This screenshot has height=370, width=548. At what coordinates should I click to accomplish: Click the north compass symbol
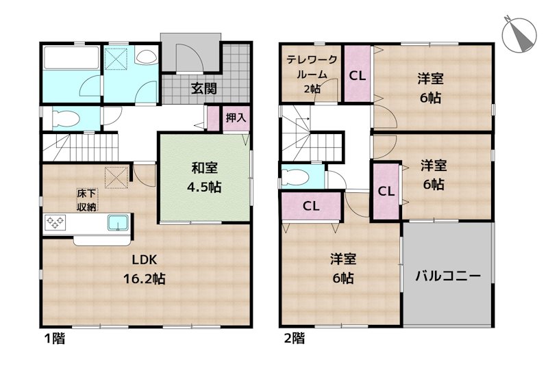click(x=519, y=34)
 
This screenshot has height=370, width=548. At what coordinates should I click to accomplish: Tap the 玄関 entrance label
click(x=203, y=89)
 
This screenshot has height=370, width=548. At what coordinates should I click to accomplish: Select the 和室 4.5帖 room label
click(x=204, y=178)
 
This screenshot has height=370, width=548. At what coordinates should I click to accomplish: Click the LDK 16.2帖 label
click(x=144, y=269)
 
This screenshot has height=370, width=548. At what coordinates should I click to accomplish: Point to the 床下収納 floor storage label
click(x=87, y=200)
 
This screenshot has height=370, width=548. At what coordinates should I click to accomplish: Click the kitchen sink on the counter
click(x=118, y=223)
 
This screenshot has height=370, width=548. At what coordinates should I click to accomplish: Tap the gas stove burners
click(x=55, y=223)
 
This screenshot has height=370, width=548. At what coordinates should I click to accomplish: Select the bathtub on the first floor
click(x=71, y=57)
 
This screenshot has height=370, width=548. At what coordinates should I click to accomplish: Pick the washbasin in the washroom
click(x=146, y=56)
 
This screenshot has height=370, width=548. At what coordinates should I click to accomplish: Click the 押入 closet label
click(x=236, y=118)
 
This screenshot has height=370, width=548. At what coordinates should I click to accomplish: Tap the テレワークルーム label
click(x=312, y=74)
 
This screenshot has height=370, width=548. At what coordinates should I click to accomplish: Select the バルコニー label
click(x=448, y=276)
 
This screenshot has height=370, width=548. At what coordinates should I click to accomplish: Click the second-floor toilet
click(x=296, y=176)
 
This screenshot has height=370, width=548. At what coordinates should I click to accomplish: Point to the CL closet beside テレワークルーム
click(x=358, y=76)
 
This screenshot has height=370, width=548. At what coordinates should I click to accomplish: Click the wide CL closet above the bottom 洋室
click(x=311, y=206)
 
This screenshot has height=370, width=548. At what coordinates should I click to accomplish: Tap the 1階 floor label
click(x=55, y=338)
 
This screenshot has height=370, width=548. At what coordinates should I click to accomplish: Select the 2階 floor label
click(x=295, y=338)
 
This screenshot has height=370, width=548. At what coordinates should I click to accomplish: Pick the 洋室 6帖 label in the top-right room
click(x=431, y=88)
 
